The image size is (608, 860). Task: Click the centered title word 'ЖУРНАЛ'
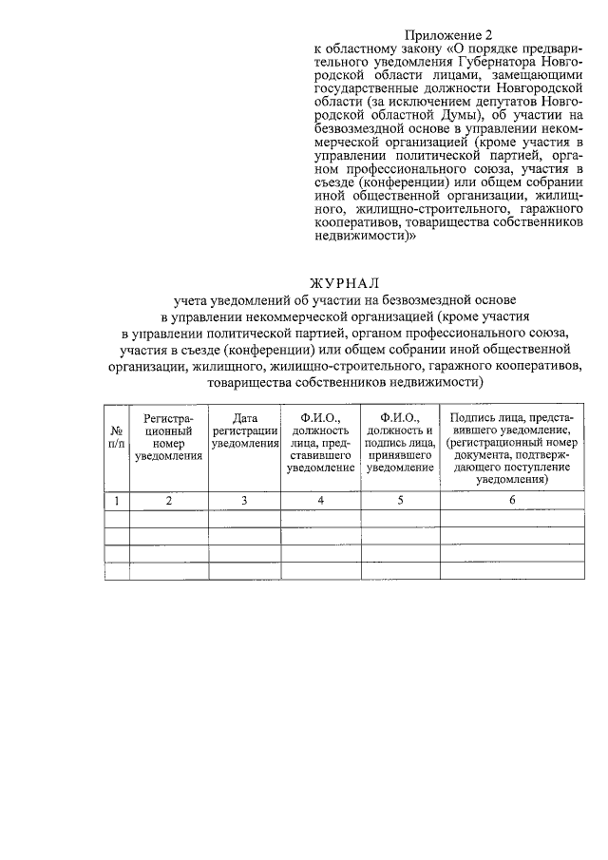344,283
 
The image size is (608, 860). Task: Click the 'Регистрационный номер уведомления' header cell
169,437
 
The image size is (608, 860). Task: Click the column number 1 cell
116,501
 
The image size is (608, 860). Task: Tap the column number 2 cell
169,501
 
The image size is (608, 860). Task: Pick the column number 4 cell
320,501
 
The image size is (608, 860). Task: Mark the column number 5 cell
400,501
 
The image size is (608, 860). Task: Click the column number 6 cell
511,501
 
